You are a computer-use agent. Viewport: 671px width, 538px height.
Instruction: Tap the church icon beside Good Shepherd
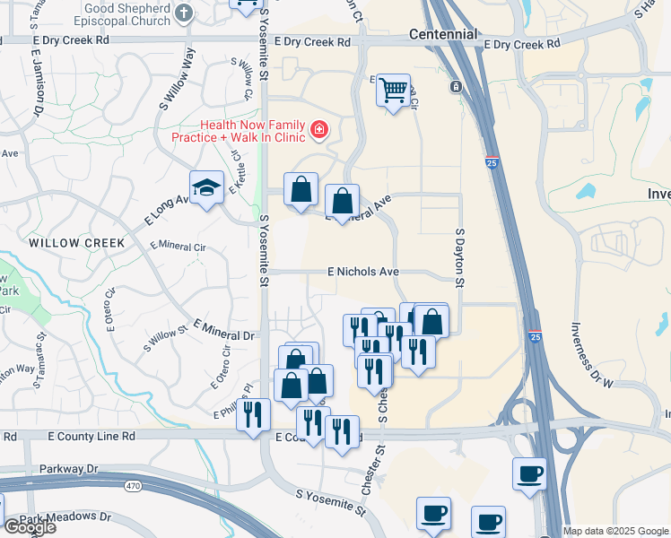[x=184, y=13]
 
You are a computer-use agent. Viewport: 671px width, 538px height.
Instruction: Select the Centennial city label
[x=442, y=34]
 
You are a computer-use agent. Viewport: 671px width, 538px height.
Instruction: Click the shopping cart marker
[x=393, y=90]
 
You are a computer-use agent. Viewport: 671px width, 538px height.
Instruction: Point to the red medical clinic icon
[x=318, y=131]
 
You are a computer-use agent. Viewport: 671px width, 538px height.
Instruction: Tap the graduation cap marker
[x=207, y=187]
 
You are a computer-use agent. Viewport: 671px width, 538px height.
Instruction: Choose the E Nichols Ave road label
[x=363, y=271]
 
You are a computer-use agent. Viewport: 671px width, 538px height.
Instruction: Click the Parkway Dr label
[x=69, y=469]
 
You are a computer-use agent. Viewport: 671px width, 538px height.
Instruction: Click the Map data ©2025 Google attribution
[x=615, y=531]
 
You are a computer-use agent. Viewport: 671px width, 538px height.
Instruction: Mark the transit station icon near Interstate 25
[x=456, y=86]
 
